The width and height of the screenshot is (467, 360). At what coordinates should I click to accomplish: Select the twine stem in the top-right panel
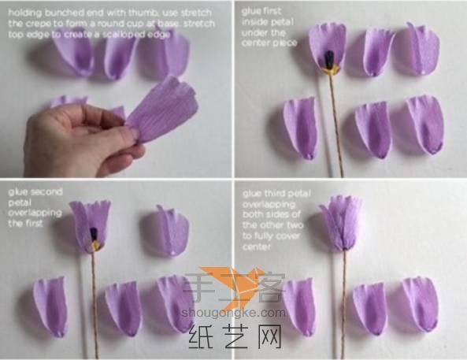335,126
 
